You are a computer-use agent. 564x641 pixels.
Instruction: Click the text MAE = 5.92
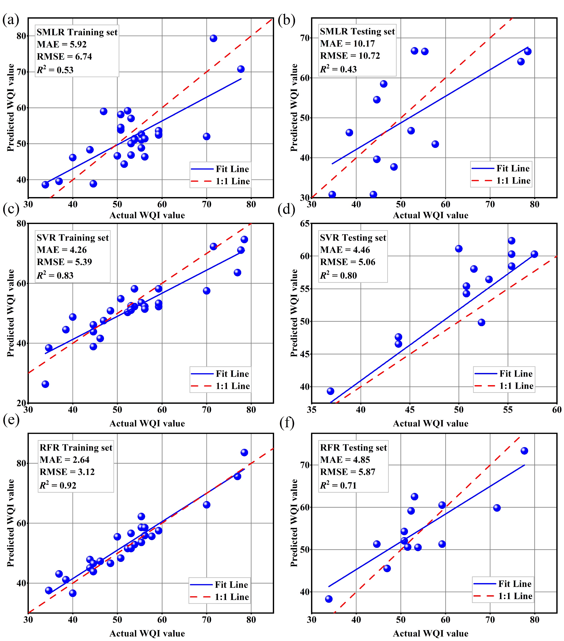click(x=61, y=44)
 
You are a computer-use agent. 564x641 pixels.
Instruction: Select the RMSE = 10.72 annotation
click(x=350, y=56)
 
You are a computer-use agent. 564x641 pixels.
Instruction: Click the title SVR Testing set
click(x=353, y=238)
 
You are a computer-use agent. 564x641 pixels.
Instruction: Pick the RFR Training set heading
click(x=76, y=448)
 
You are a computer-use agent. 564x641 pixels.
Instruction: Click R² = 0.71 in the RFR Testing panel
click(x=338, y=485)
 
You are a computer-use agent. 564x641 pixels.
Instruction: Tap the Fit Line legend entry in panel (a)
click(x=232, y=169)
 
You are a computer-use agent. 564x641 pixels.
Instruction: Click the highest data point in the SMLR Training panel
click(x=213, y=38)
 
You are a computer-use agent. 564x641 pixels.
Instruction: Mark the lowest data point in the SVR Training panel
click(x=45, y=384)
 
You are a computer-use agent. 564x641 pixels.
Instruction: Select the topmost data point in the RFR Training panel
click(x=244, y=452)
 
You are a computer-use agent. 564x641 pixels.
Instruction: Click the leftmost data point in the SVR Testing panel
click(x=330, y=391)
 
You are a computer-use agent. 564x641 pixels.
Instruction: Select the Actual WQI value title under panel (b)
click(x=430, y=215)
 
